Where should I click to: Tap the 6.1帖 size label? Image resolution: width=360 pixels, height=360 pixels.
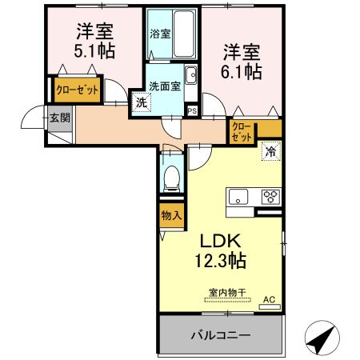[x=241, y=72]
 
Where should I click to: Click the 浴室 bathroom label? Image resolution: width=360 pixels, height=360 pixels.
[x=160, y=34]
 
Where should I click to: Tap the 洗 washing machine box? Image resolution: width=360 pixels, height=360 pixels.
[x=140, y=102]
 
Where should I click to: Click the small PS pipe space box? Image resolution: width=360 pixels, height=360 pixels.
[x=192, y=110]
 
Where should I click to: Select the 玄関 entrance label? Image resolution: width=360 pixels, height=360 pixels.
[x=59, y=118]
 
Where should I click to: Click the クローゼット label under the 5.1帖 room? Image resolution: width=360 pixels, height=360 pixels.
[x=77, y=90]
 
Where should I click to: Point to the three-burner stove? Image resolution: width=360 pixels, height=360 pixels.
[x=270, y=197]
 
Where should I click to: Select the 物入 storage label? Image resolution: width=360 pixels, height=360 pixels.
[x=170, y=214]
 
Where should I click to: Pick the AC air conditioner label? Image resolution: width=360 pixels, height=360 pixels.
[x=270, y=301]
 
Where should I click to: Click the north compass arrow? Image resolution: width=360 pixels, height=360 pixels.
[x=322, y=339]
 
